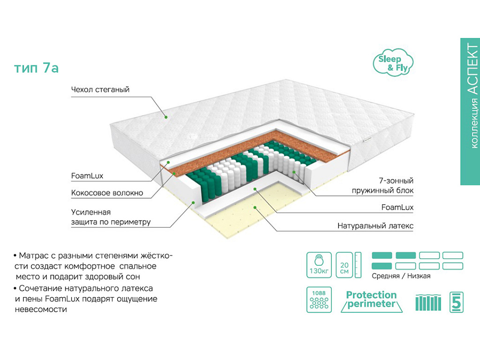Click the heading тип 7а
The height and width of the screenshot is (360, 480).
(36, 68)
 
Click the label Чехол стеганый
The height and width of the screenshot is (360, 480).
(100, 89)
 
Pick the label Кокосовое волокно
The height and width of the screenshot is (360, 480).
(107, 193)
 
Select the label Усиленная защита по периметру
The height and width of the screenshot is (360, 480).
(111, 217)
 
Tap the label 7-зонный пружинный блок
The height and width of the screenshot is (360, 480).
(382, 186)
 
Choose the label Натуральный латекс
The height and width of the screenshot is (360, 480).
(375, 225)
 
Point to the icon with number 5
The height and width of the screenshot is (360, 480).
(456, 301)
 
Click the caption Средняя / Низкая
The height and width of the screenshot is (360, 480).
(401, 276)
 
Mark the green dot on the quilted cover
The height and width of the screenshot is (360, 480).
(165, 117)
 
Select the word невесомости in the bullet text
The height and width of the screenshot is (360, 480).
(40, 309)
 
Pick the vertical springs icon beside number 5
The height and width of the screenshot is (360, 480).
(428, 302)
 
